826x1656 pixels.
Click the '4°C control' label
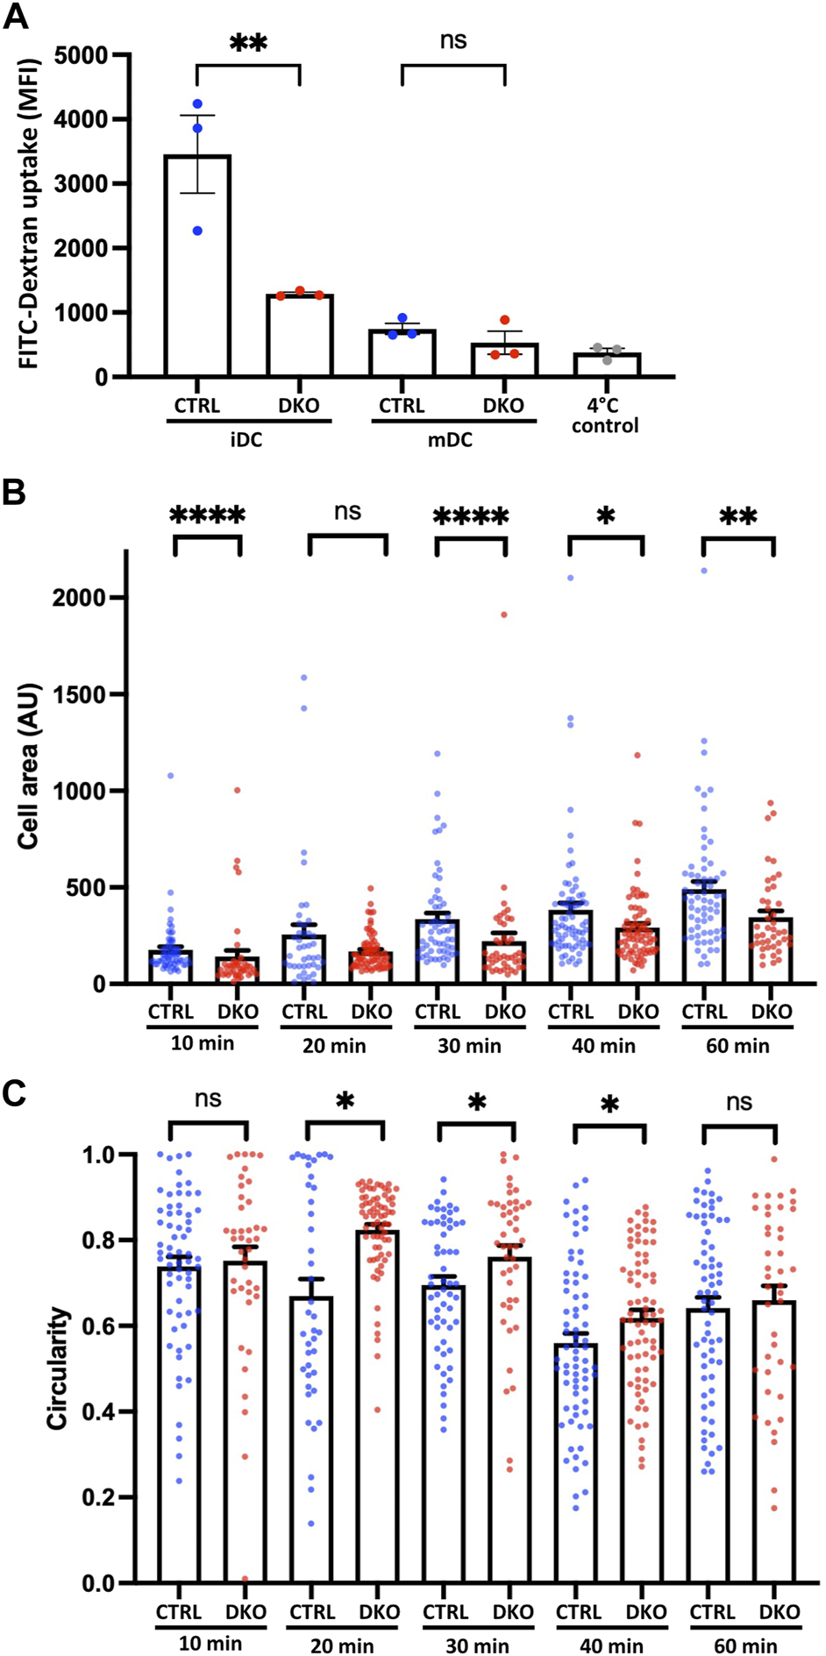click(x=605, y=416)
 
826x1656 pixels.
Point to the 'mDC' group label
click(x=451, y=440)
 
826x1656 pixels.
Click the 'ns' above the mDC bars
click(x=453, y=40)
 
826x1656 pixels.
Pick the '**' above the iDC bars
click(x=248, y=44)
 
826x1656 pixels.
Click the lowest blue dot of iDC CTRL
click(x=197, y=231)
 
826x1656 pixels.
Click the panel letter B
click(x=15, y=493)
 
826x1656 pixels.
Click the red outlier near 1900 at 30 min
click(x=504, y=615)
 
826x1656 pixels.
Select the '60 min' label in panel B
click(x=737, y=1046)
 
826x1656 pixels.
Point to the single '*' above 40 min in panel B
click(x=606, y=515)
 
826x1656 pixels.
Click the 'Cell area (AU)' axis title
click(x=30, y=764)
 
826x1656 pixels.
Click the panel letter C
click(x=15, y=1094)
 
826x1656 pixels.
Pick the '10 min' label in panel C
click(x=210, y=1643)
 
